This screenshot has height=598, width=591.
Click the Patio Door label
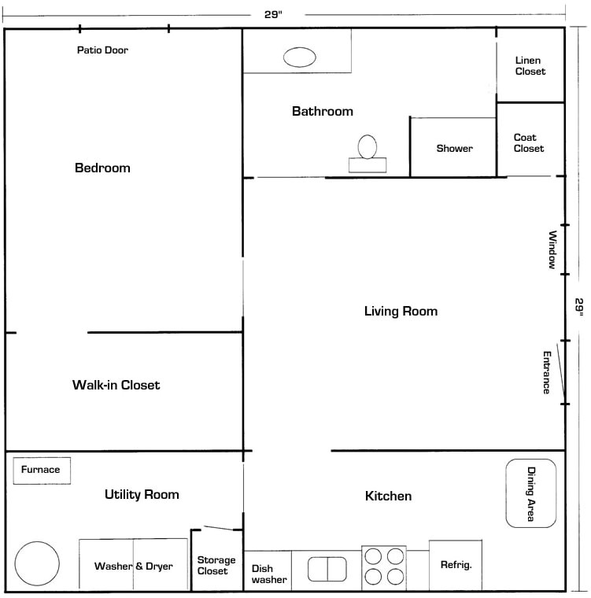pos(102,50)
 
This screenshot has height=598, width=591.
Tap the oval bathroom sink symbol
pos(298,57)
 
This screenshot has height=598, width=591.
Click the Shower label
pos(454,148)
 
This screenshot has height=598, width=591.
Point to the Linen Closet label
pos(530,66)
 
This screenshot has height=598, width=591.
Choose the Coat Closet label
pos(528,142)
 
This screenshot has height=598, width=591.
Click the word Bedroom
pos(102,168)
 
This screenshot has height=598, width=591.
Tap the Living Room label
pos(401,311)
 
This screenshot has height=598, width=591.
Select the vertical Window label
pos(552,250)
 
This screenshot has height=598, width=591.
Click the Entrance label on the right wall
pos(546,372)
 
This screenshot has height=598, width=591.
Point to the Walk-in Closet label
pos(116,385)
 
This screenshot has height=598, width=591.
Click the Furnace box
pos(41,470)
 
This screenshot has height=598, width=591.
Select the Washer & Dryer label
pos(133,566)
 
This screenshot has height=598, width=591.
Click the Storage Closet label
pos(216,565)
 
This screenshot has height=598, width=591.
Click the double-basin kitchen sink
pos(327,568)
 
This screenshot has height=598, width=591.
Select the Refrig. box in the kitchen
pos(456,565)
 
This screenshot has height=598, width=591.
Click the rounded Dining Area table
pos(530,493)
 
